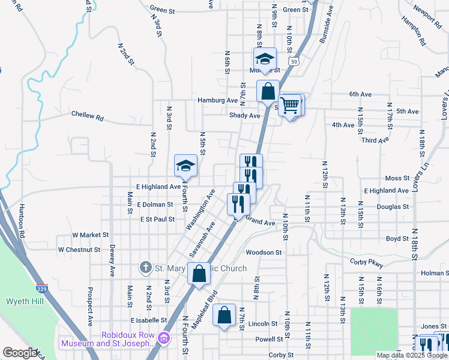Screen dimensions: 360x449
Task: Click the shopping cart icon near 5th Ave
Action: [x=290, y=106]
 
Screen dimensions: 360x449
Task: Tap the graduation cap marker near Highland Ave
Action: [x=186, y=166]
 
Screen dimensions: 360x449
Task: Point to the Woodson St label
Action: [x=264, y=253]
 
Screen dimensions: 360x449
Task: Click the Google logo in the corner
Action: [x=20, y=353]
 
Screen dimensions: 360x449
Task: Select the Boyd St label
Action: [x=397, y=238]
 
